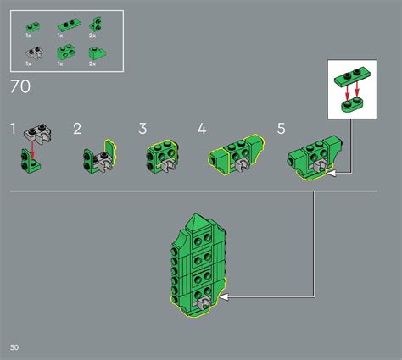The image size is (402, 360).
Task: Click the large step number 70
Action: (21, 87)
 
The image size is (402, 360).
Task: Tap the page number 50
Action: (14, 348)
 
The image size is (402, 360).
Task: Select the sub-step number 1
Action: (13, 130)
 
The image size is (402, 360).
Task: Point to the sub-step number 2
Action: (77, 130)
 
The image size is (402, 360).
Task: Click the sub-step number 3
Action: (143, 130)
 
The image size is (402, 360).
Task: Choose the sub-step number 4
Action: (202, 130)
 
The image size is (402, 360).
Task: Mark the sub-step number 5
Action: (281, 130)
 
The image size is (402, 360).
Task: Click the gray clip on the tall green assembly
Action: (203, 304)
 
